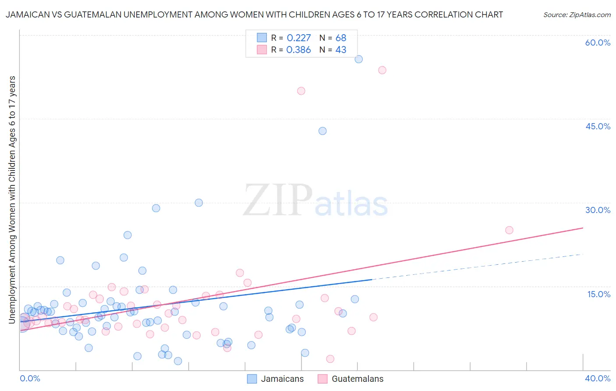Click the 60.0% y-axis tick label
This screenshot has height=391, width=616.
[598, 43]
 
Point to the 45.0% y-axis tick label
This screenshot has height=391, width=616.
[598, 126]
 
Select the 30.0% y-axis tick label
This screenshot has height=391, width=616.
[598, 210]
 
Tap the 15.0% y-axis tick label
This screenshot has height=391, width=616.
[598, 294]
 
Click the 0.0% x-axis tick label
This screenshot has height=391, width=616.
[30, 378]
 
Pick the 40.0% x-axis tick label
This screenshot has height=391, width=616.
[598, 378]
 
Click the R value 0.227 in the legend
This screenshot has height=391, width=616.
[298, 38]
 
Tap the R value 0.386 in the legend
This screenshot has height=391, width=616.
[298, 50]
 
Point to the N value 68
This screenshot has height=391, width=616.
[341, 38]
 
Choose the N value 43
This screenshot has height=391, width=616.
[341, 50]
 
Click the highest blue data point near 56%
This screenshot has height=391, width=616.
[358, 59]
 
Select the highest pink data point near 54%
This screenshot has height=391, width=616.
[382, 70]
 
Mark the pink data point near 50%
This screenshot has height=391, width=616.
[301, 91]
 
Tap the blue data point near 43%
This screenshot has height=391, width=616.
[322, 131]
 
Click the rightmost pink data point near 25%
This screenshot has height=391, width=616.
[509, 230]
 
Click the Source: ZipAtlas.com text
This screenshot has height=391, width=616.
[577, 15]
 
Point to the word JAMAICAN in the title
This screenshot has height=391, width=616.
[27, 14]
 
